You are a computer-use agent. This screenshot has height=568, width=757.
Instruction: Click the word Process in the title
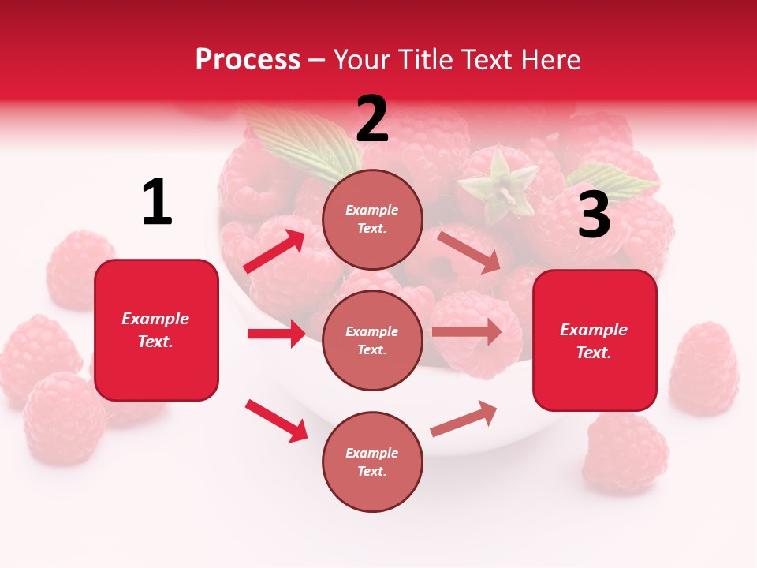(x=248, y=60)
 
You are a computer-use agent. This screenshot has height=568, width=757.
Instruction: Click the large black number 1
(x=157, y=203)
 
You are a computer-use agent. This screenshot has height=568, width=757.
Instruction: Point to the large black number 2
(x=372, y=119)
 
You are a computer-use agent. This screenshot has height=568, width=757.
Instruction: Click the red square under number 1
(x=156, y=330)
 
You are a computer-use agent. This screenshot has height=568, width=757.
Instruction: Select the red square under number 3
(x=595, y=340)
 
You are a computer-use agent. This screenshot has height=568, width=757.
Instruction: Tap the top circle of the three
(x=372, y=219)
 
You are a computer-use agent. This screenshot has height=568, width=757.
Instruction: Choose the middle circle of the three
(x=372, y=340)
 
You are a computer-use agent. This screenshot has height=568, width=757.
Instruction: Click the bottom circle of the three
(x=372, y=461)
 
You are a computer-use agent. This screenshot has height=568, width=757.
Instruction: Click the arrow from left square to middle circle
(x=276, y=334)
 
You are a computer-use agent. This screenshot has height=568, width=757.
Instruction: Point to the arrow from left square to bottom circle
(x=276, y=420)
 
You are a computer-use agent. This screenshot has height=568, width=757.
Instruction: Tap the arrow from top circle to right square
(x=469, y=252)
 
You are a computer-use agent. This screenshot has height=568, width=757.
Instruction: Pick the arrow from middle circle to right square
(x=467, y=332)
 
